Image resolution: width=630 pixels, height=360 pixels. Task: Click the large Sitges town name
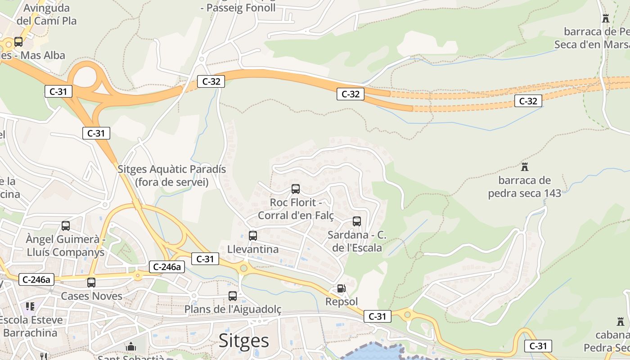(x=244, y=341)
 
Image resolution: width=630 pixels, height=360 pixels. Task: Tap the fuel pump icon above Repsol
(x=342, y=288)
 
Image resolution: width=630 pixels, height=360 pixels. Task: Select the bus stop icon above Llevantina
(x=253, y=235)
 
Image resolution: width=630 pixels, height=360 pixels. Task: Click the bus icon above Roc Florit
(x=296, y=189)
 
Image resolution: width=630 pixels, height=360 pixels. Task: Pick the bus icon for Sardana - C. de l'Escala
(x=357, y=221)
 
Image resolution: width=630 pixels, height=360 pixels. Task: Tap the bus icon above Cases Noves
(x=91, y=283)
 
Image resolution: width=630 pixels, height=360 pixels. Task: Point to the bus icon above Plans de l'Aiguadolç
(x=233, y=296)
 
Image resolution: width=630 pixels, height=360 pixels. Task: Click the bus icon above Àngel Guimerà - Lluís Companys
(x=66, y=226)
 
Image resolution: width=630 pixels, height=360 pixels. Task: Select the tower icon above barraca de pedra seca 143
(x=524, y=167)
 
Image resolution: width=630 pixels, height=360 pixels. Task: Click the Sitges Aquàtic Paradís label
(x=171, y=175)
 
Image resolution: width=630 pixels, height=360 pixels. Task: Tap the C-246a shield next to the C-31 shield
(x=167, y=267)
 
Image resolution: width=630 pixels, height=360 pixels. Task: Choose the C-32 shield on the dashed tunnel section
(x=528, y=101)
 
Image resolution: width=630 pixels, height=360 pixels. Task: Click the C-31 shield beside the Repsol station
(x=377, y=316)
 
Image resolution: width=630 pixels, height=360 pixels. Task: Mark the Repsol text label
(x=342, y=301)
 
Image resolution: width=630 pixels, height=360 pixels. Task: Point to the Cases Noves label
(x=91, y=296)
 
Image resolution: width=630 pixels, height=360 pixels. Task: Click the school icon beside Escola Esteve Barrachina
(x=30, y=307)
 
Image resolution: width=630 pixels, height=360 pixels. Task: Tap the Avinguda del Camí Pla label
(x=47, y=14)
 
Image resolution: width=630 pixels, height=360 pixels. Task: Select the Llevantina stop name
(x=253, y=249)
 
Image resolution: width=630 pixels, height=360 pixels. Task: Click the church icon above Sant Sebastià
(x=131, y=347)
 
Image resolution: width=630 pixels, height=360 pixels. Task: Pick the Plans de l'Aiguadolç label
(x=233, y=309)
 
